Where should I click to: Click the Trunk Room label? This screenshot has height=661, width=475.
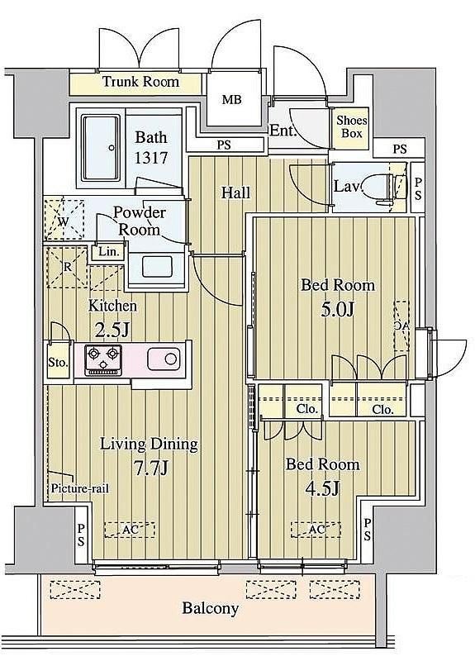140,81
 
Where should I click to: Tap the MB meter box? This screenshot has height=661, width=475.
232,99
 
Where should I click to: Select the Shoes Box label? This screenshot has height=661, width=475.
352,127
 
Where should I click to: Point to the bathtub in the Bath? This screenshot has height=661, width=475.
101,147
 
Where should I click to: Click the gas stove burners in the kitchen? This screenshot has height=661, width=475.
103,360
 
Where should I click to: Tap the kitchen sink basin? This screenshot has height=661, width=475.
164,359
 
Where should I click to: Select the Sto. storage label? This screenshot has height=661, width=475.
58,362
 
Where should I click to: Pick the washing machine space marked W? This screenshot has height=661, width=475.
64,220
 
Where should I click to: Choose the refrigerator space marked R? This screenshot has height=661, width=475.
67,267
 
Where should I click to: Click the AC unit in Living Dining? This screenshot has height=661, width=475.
130,530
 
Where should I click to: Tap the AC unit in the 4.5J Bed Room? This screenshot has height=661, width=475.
316,530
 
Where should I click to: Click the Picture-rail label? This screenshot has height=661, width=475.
79,488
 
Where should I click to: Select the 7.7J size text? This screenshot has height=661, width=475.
150,467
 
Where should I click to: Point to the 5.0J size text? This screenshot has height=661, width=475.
337,310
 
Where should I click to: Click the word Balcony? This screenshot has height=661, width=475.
211,608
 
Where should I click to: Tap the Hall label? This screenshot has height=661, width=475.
236,193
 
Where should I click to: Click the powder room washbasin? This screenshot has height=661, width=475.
157,266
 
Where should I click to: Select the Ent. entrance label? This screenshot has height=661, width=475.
283,131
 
